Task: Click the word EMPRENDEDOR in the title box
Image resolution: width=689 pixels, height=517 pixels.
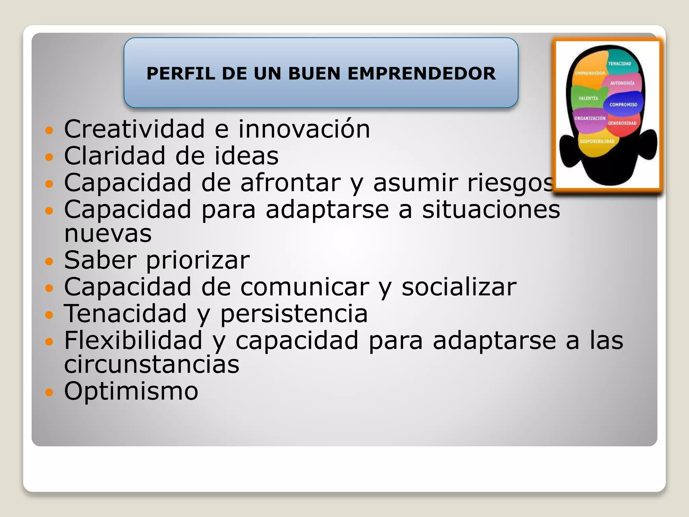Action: (x=422, y=74)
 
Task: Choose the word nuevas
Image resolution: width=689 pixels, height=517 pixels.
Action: (x=108, y=234)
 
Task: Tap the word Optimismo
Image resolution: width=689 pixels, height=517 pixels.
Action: (x=131, y=391)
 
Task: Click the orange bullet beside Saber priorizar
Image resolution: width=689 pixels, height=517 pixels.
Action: (x=49, y=261)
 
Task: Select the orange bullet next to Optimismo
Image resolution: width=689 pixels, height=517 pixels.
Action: (x=49, y=392)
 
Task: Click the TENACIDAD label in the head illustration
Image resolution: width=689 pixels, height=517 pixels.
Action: (x=619, y=64)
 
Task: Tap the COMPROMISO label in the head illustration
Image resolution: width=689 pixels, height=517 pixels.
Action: (x=623, y=105)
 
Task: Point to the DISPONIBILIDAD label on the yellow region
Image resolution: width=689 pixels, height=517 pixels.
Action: (x=597, y=141)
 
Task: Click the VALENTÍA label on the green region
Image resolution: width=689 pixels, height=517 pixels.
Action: (x=588, y=98)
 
